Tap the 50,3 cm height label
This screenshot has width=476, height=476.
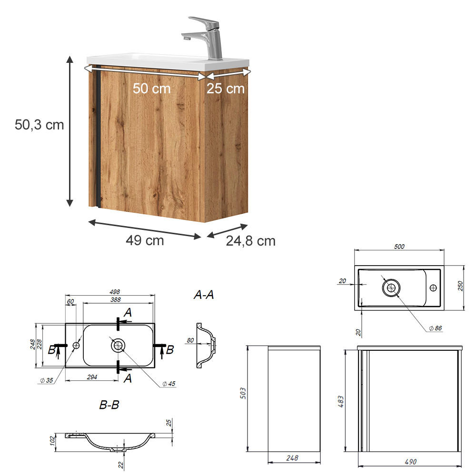pos(39,125)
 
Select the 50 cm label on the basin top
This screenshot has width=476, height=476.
pos(151,89)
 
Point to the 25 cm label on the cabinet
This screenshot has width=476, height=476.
pos(225,89)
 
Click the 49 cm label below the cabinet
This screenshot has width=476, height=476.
pos(145,240)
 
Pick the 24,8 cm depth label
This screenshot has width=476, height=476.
pos(250,241)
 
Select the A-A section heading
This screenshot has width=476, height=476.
pos(203,295)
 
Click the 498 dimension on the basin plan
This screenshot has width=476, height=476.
pos(114,292)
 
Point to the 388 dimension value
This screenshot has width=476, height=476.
pos(115,300)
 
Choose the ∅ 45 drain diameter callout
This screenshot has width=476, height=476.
pos(169,384)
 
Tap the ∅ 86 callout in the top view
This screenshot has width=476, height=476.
pos(436,328)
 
